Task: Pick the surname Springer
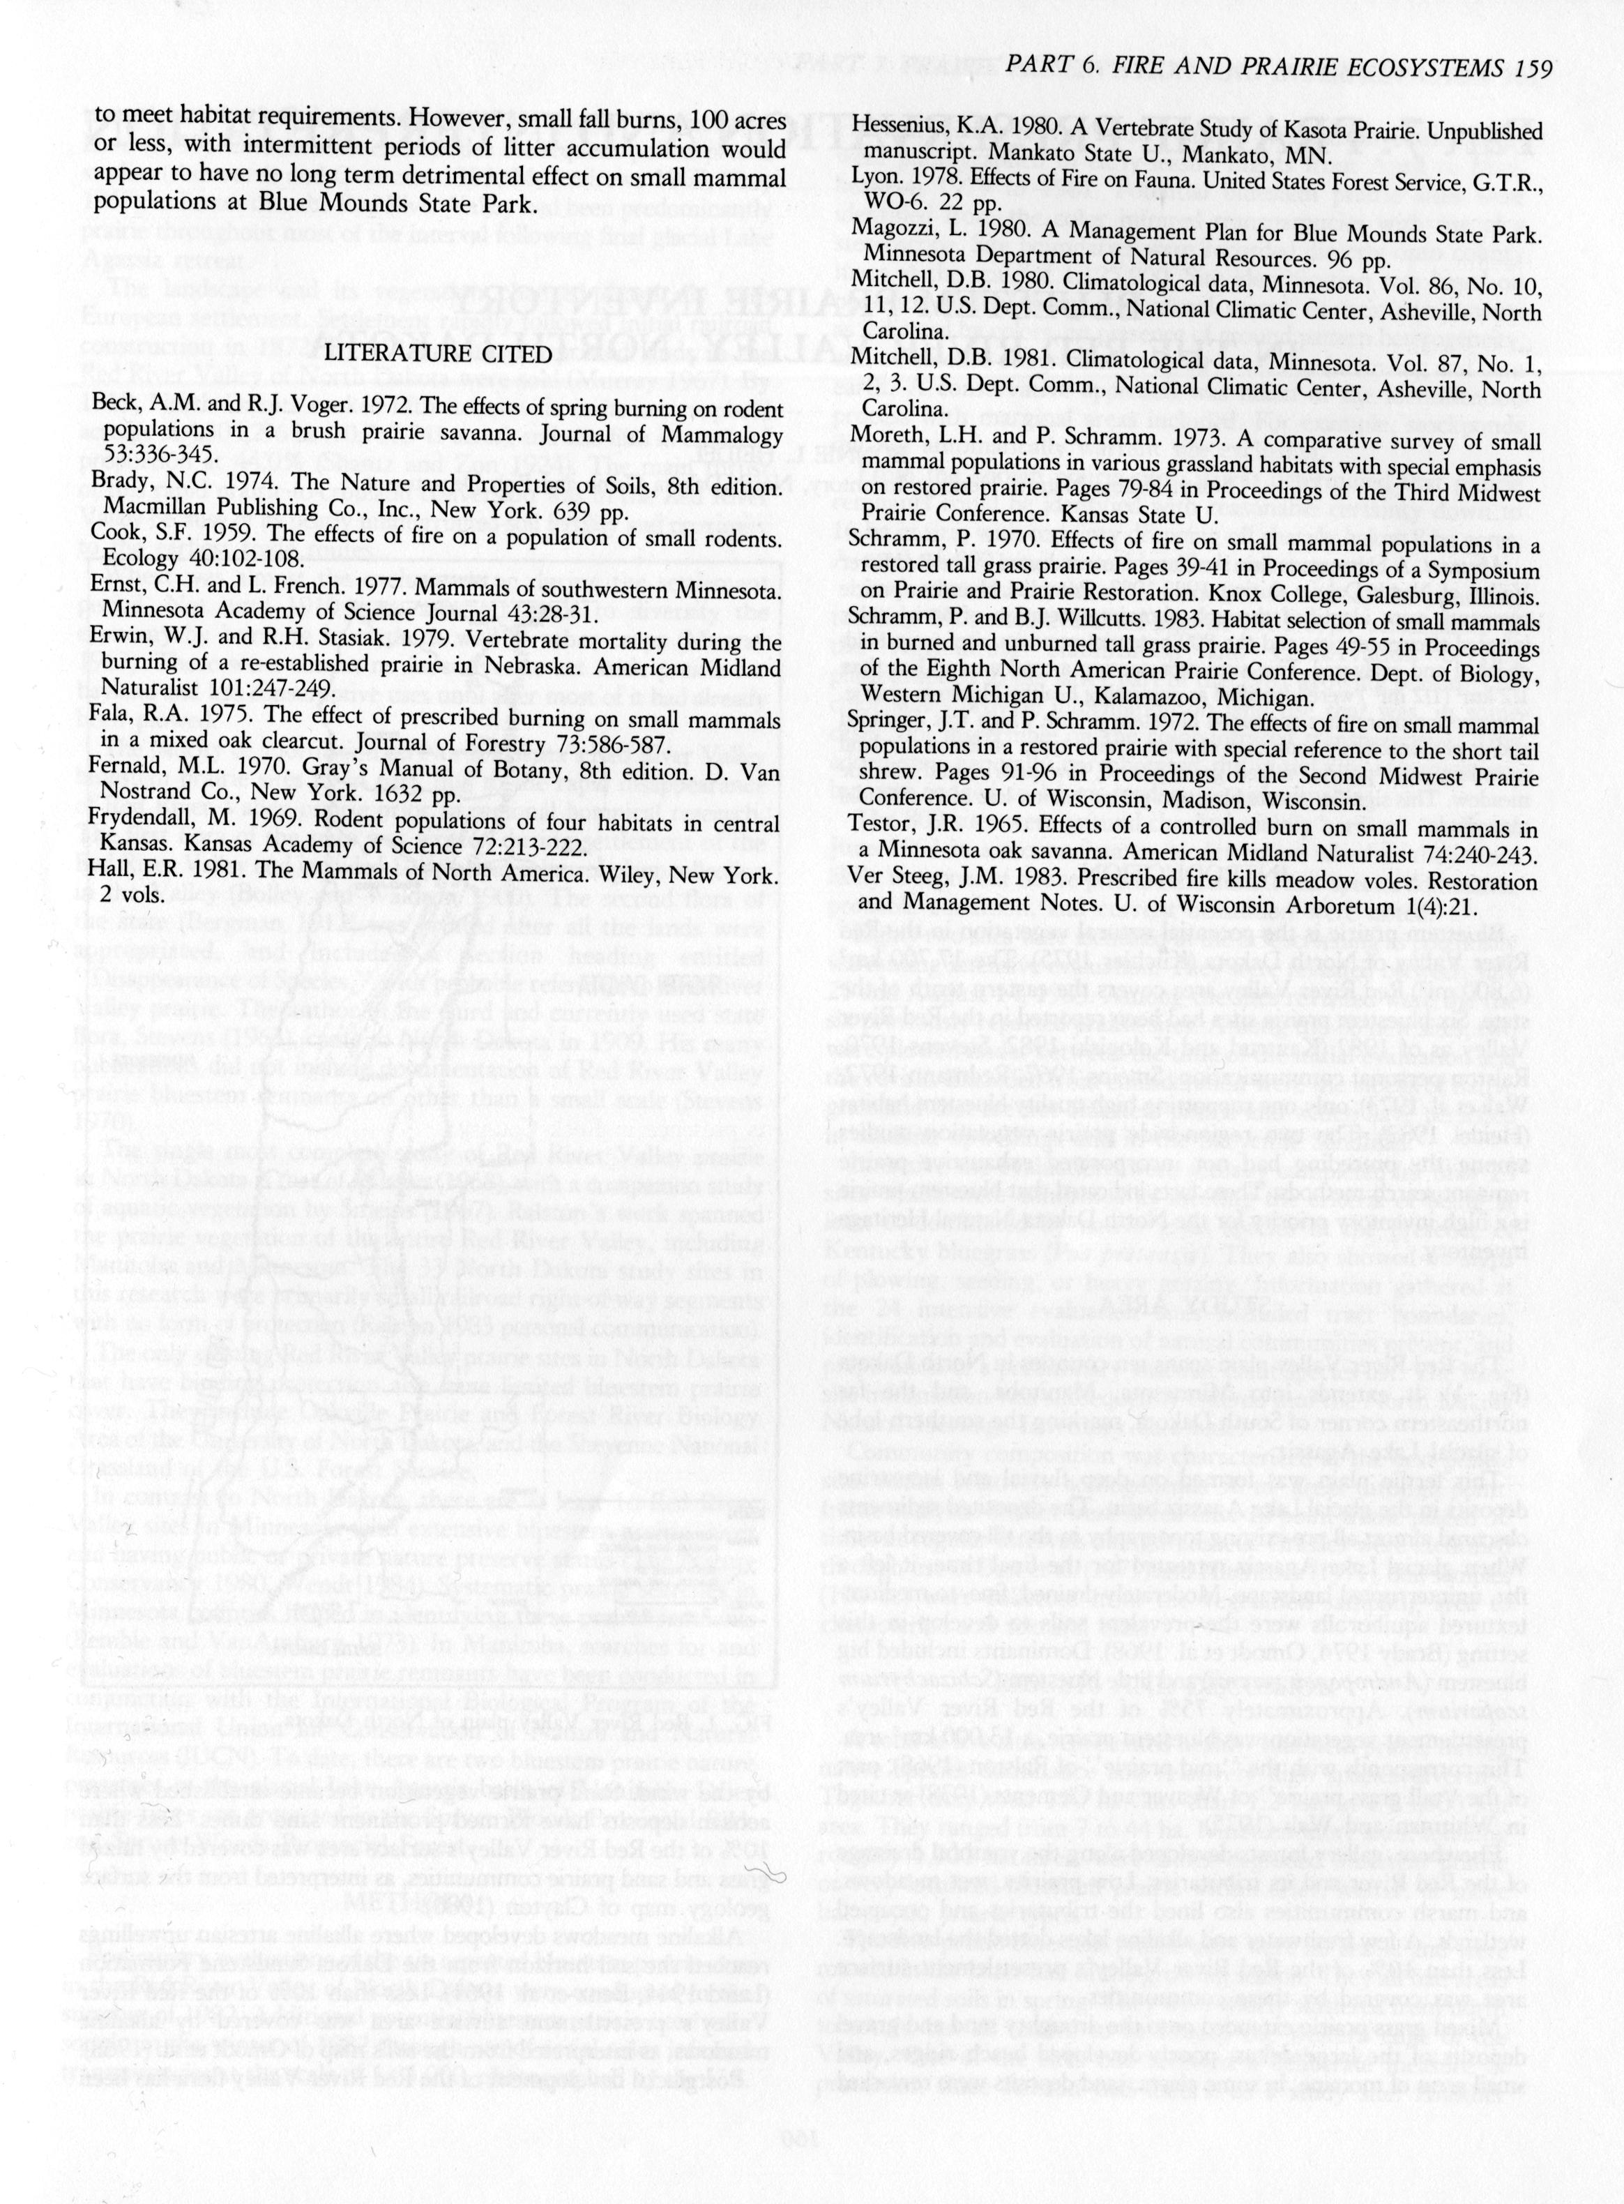coord(892,725)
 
